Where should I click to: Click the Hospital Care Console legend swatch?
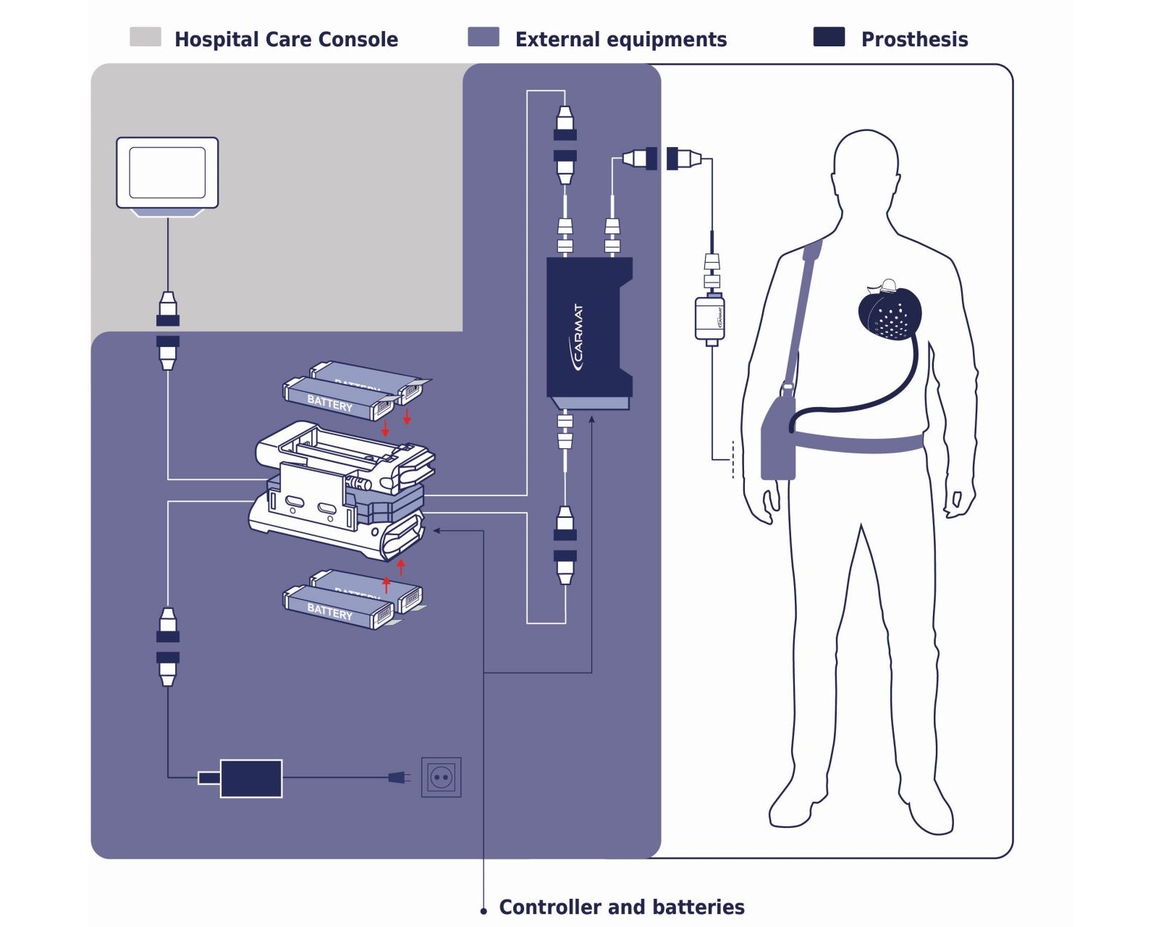click(x=145, y=37)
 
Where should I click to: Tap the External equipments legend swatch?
click(x=483, y=37)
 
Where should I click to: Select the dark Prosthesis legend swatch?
click(x=829, y=37)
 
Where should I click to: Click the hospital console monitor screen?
click(x=167, y=172)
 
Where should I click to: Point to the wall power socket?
click(x=441, y=778)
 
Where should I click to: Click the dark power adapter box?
click(x=250, y=779)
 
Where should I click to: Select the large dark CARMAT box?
click(x=588, y=327)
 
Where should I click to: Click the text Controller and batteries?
click(x=621, y=907)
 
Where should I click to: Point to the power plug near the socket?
click(x=398, y=778)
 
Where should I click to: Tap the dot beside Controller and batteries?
click(x=484, y=910)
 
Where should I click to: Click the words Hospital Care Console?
click(x=286, y=39)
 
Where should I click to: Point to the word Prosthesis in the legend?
click(x=914, y=39)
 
